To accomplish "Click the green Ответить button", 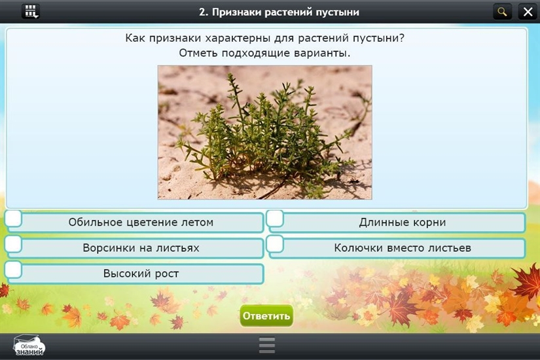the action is [x=266, y=315].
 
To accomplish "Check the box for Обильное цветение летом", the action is [x=14, y=219].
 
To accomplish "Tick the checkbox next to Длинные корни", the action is [x=275, y=219].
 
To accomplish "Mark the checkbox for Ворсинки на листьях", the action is [x=14, y=244].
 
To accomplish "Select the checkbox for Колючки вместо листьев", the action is [x=275, y=244].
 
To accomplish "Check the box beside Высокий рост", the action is [x=14, y=270].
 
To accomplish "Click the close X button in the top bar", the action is [x=528, y=12].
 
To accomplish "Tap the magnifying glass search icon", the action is [x=503, y=12].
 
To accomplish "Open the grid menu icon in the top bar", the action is [x=31, y=12].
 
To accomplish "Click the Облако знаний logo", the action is [x=29, y=346].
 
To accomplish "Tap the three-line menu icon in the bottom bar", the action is [x=267, y=345].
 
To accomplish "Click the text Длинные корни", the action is [x=403, y=222].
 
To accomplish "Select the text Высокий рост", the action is [x=141, y=274].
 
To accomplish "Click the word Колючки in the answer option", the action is [x=357, y=247].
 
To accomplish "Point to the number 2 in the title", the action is [x=202, y=12].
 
